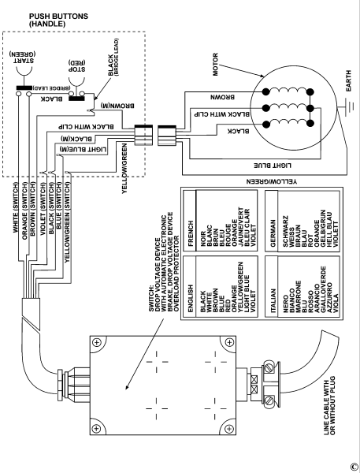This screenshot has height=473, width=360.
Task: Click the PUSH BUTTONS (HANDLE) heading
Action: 58,20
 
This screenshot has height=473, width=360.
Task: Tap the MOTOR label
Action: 215,65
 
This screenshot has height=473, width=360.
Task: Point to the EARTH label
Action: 348,81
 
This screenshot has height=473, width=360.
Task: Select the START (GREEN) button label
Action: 22,57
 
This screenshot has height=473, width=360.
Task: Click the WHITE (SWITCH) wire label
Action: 16,207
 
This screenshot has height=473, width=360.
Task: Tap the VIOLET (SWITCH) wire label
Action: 43,209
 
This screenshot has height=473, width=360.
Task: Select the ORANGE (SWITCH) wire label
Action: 24,210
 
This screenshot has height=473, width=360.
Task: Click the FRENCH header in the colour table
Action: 191,234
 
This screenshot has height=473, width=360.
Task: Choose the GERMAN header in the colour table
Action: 273,233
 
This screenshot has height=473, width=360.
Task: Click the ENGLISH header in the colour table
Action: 191,298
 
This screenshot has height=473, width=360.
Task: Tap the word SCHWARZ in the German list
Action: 285,231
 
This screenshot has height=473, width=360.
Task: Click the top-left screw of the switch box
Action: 96,343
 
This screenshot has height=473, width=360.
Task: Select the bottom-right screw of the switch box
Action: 229,428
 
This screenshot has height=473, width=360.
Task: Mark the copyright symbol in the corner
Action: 354,467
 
